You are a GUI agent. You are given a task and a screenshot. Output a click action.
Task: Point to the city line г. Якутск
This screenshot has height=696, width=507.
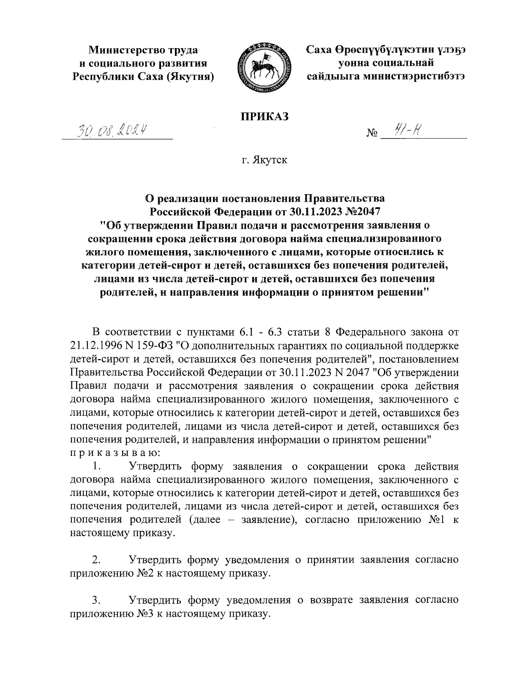coord(264,160)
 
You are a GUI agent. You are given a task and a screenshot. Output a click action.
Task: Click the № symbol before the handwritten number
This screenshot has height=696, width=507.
coord(372,134)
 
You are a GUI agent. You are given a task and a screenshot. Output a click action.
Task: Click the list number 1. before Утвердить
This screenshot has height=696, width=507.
coord(97,467)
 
